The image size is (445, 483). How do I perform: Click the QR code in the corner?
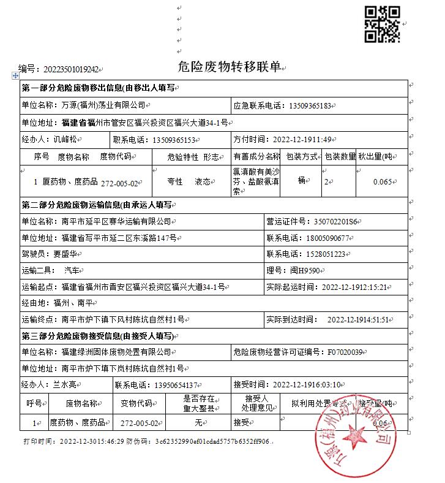coord(383,24)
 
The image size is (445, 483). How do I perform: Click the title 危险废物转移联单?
coord(230,67)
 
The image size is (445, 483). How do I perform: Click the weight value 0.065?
coord(383,181)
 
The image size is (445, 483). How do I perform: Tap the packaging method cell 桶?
coord(301,181)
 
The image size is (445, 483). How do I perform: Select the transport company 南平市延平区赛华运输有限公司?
coord(116,221)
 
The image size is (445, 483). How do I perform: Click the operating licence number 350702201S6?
coord(321,221)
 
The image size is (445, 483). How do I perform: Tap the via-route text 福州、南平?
coord(72,303)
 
